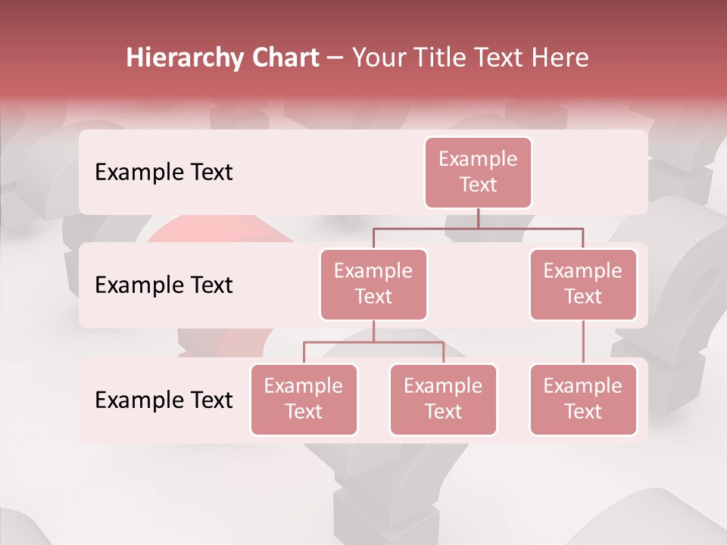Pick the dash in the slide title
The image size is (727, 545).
pos(335,58)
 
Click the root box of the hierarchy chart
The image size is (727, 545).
pos(478,173)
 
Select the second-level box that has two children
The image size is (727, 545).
pos(373,285)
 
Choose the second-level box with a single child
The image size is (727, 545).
pos(583,285)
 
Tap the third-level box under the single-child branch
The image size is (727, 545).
pos(583,400)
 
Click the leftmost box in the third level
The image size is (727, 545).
pos(304,400)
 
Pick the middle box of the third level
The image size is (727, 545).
pos(443,400)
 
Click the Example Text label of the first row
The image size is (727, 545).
pos(164,173)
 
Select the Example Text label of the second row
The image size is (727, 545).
pos(164,285)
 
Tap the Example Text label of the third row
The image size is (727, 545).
pos(164,400)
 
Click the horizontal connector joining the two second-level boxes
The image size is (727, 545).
pos(478,228)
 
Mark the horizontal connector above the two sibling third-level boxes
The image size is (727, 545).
pos(373,342)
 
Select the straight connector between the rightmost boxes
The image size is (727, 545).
pos(583,342)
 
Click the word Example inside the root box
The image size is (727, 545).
pos(478,160)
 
